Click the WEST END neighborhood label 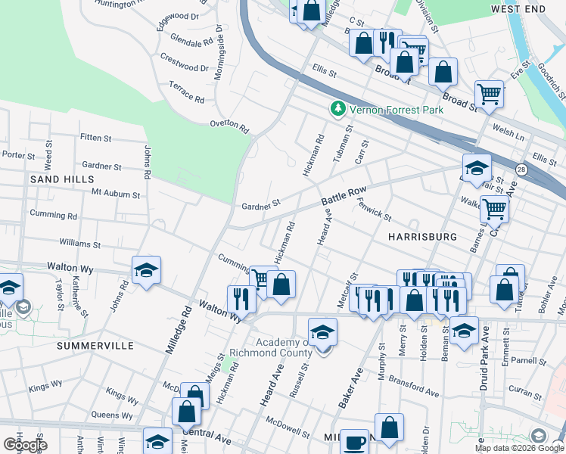(x=518, y=8)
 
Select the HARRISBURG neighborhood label (x=422, y=237)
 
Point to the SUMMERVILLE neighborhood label (x=95, y=346)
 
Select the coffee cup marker (x=354, y=441)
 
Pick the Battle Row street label (x=344, y=197)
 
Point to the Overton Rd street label (x=229, y=126)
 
